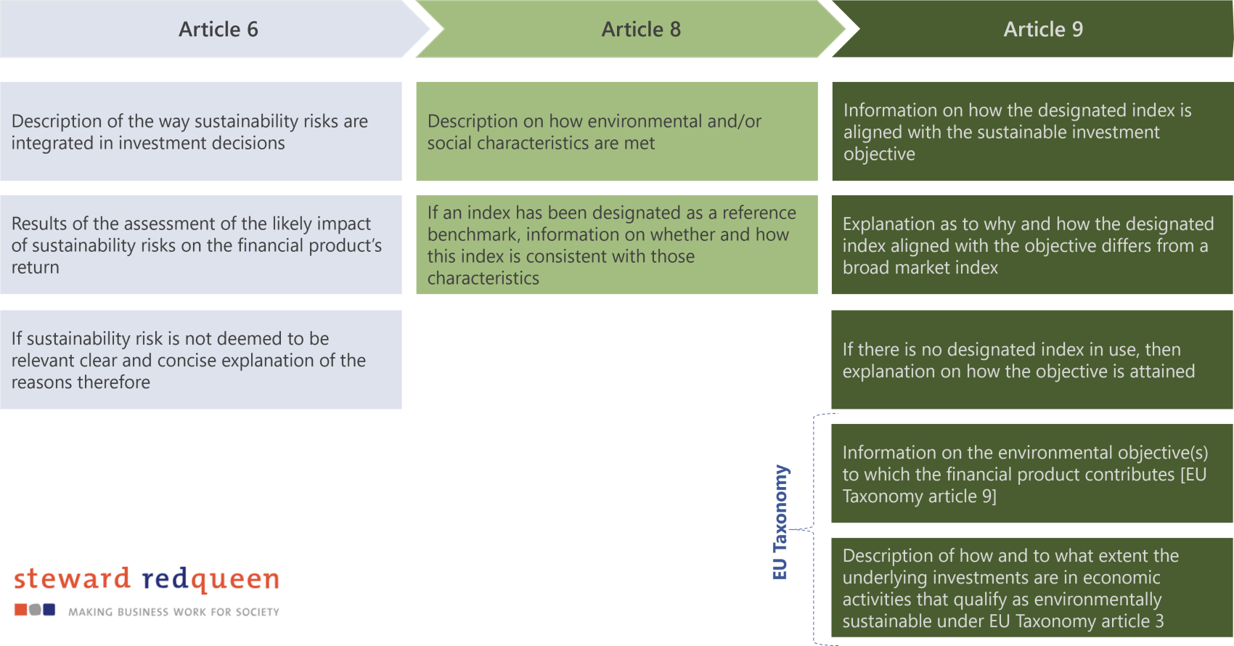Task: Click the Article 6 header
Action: point(218,29)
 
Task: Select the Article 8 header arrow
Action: point(640,29)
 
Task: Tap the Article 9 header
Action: point(1042,29)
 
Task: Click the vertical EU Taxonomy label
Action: point(780,523)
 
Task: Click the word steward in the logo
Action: point(72,579)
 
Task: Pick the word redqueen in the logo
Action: point(211,579)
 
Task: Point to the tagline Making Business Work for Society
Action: point(173,612)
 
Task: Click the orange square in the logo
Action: point(20,610)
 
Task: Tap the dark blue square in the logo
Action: point(49,610)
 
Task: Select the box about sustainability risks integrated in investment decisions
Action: point(201,131)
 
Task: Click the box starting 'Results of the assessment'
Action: point(201,245)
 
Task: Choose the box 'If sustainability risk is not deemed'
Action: point(201,359)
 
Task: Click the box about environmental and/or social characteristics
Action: point(616,131)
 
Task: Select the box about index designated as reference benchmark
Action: point(616,245)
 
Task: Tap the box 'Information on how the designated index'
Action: point(1031,131)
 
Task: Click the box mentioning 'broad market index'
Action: point(1031,245)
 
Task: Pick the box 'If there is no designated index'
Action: point(1031,359)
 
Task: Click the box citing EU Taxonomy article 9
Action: point(1031,473)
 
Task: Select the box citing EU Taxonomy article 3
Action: point(1031,587)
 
